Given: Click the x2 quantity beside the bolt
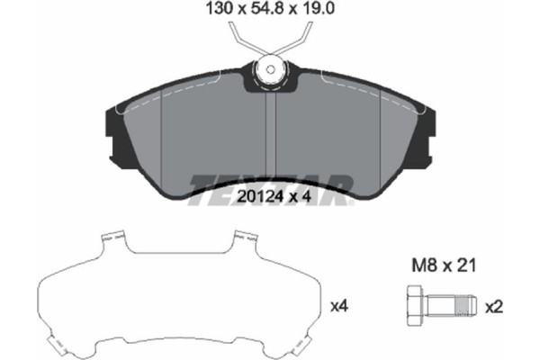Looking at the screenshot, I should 493,307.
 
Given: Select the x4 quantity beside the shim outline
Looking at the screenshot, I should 339,307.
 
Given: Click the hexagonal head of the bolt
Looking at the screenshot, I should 415,307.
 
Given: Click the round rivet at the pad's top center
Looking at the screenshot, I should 270,69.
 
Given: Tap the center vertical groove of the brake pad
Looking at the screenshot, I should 271,135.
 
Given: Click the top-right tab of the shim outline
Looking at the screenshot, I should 241,238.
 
